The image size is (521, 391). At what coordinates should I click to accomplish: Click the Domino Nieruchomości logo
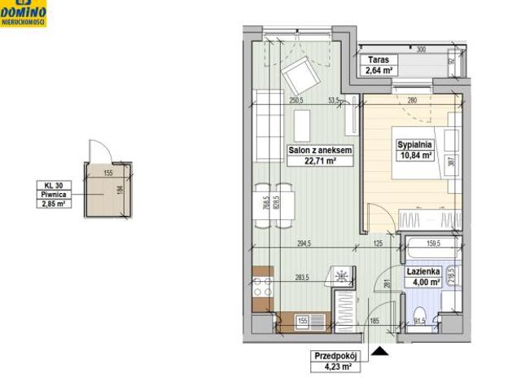coord(24,13)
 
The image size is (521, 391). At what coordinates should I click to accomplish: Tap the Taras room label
coord(377,60)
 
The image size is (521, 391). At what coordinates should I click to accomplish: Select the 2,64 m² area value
coord(377,70)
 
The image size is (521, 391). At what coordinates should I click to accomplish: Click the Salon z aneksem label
coord(319,151)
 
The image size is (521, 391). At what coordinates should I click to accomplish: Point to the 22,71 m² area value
coord(319,161)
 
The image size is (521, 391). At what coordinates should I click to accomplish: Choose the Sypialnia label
coord(414,145)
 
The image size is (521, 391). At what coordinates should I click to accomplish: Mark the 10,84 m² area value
coord(414,156)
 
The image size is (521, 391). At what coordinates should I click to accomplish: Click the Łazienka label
coord(423,272)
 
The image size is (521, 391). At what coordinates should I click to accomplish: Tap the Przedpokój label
coord(336,356)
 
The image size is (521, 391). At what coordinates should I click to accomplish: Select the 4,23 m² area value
coord(336,367)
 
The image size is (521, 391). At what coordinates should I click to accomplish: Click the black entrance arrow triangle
coord(380,351)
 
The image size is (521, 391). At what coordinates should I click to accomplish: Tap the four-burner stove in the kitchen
coord(262,287)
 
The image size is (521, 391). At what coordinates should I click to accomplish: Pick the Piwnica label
coord(55,195)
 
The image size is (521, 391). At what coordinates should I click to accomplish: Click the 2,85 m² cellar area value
coord(55,204)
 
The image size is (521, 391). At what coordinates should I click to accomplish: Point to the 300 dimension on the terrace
coord(421,50)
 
